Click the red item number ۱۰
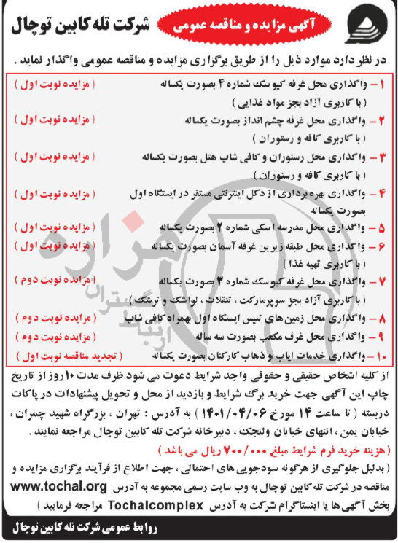coord(380,357)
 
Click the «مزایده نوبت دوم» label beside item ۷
coord(48,281)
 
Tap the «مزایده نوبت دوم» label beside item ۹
coord(48,338)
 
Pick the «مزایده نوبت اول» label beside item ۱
coord(48,85)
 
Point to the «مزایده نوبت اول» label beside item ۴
coord(48,193)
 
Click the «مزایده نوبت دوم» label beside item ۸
coord(48,319)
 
